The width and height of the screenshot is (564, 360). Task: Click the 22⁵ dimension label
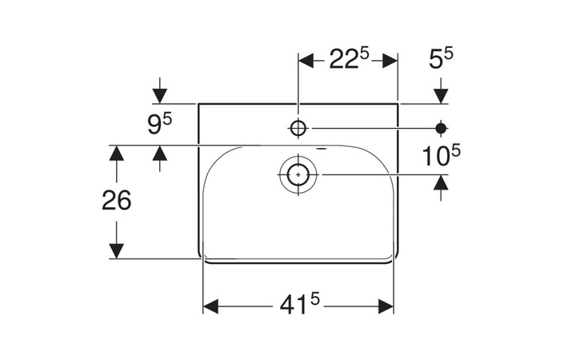coord(348,60)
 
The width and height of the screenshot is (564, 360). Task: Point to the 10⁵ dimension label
coord(442,156)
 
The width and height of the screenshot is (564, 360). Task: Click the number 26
coord(117,201)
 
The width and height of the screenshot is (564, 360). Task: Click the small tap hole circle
coord(298,127)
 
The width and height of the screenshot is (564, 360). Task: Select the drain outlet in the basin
coord(298,174)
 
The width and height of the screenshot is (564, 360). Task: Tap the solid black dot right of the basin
coord(440,127)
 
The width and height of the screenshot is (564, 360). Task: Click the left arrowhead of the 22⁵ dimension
coord(306,61)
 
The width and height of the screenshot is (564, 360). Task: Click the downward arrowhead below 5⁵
coord(440,96)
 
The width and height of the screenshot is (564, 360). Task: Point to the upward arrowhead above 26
coord(117,153)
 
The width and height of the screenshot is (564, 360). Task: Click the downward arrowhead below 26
coord(117,250)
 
